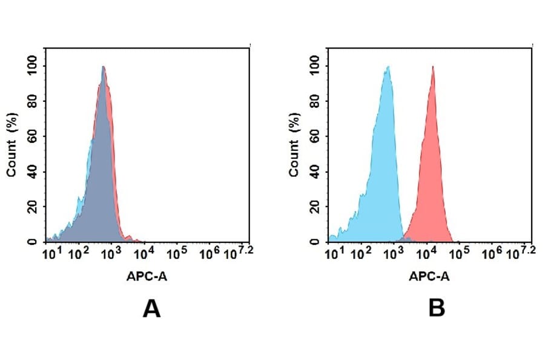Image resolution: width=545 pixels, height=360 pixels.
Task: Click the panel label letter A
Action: (x=151, y=309)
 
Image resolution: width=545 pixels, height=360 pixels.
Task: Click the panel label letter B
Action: (x=437, y=309)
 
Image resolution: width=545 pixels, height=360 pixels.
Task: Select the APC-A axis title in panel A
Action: (x=147, y=276)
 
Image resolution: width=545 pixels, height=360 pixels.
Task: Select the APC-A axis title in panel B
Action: (x=429, y=276)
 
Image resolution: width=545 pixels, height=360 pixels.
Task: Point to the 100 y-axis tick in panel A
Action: (x=32, y=64)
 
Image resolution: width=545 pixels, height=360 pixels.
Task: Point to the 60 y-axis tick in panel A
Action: (x=32, y=135)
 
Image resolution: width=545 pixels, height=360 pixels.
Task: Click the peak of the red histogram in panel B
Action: (x=433, y=67)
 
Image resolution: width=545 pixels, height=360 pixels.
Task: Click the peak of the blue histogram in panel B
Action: (x=388, y=67)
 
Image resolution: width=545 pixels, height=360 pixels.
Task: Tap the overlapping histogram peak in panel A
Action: (x=104, y=67)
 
